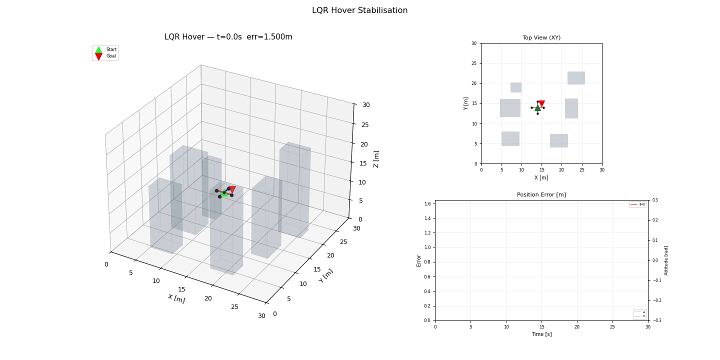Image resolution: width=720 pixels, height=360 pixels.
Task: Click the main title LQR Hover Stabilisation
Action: (359, 10)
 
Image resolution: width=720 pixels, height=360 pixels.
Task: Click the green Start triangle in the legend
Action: (98, 49)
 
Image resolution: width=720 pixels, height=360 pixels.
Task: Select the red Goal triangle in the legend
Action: (98, 56)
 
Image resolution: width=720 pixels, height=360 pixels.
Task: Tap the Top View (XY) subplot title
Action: (541, 38)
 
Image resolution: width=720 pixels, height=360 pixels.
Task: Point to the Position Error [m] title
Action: (541, 195)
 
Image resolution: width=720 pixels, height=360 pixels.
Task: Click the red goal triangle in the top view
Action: (541, 104)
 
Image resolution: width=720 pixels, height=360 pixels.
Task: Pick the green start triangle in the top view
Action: (537, 107)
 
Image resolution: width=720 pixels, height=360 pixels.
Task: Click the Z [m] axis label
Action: (376, 159)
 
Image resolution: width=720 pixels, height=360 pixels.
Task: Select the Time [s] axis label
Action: (541, 334)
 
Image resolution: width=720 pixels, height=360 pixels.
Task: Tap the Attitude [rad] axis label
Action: (666, 260)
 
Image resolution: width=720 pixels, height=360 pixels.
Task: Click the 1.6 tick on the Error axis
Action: (427, 204)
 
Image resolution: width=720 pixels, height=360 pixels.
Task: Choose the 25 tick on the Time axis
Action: (612, 327)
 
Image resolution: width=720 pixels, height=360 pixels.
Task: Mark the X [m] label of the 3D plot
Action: (176, 298)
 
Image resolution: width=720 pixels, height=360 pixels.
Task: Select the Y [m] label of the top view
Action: (466, 103)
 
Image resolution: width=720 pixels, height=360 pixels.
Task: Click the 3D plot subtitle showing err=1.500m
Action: (228, 37)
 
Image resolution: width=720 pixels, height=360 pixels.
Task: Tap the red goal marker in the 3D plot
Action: (231, 189)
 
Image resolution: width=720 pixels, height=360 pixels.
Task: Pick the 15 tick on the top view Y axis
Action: (474, 103)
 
